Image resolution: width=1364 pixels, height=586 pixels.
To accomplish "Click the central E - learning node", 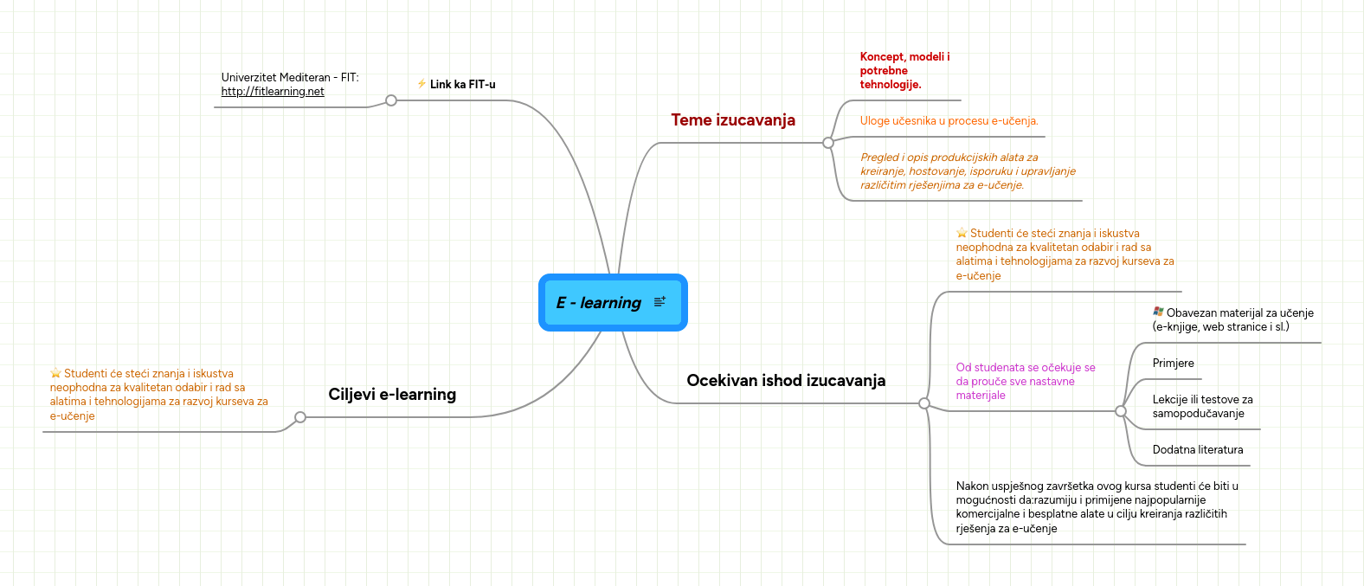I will pyautogui.click(x=599, y=303).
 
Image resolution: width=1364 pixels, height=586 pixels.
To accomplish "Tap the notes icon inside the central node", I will pyautogui.click(x=659, y=302).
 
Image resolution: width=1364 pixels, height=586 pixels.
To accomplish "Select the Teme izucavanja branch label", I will pyautogui.click(x=733, y=120).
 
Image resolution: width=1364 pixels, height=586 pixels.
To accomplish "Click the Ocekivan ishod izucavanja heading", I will pyautogui.click(x=786, y=381).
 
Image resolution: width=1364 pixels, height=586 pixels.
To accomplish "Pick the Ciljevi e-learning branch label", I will pyautogui.click(x=392, y=395).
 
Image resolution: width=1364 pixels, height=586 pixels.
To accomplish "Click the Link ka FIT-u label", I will pyautogui.click(x=462, y=85).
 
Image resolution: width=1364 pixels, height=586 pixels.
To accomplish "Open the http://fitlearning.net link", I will pyautogui.click(x=273, y=92).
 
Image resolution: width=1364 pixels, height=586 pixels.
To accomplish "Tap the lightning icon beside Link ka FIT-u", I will pyautogui.click(x=421, y=84).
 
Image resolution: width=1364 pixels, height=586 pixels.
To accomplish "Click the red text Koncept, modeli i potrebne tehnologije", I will pyautogui.click(x=904, y=71).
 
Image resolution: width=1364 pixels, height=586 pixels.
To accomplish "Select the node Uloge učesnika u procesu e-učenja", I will pyautogui.click(x=949, y=121).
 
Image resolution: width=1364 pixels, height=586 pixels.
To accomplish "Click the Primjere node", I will pyautogui.click(x=1173, y=364).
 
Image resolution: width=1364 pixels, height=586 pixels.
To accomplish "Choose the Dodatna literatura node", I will pyautogui.click(x=1197, y=450).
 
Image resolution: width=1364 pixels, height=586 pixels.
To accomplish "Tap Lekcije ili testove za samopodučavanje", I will pyautogui.click(x=1202, y=407).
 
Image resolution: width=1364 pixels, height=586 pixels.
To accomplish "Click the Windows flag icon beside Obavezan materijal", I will pyautogui.click(x=1158, y=312).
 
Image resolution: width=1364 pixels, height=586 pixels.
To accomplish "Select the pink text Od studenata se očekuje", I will pyautogui.click(x=1025, y=382).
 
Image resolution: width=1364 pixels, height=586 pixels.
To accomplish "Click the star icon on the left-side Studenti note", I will pyautogui.click(x=55, y=373).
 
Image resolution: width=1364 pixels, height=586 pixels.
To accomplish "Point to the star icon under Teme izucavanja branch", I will pyautogui.click(x=962, y=233).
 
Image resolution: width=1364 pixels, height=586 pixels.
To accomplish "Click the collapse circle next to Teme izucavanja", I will pyautogui.click(x=828, y=143).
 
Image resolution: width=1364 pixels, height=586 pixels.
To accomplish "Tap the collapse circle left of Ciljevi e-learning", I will pyautogui.click(x=300, y=417).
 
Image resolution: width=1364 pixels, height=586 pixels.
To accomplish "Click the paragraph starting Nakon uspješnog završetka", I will pyautogui.click(x=1097, y=507).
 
